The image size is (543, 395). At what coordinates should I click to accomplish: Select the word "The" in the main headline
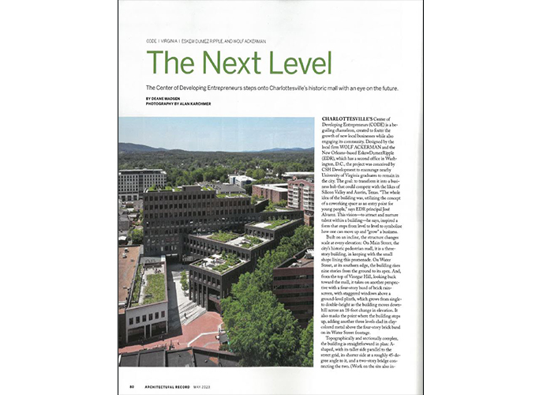click(x=168, y=63)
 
